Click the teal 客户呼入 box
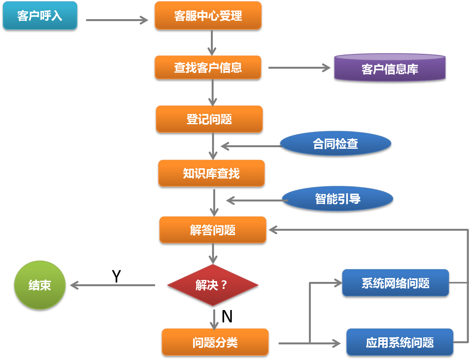39,16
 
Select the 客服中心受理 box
208,16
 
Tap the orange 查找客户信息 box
208,68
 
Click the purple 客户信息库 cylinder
390,69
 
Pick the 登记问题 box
209,119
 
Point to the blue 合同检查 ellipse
335,144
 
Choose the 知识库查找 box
211,173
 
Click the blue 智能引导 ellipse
337,199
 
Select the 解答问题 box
213,230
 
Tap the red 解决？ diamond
212,285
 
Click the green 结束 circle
40,285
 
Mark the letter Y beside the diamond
116,276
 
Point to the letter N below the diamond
227,317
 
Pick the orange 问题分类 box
215,342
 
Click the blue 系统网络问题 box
395,283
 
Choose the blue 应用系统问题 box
399,343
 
